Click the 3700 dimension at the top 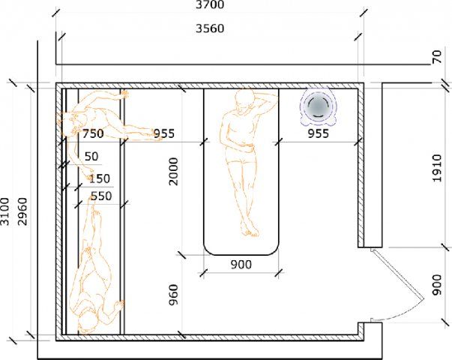tap(210, 4)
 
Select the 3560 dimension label tap(210, 28)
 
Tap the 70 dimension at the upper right tap(437, 57)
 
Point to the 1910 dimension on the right tap(437, 168)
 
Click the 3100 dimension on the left tap(5, 211)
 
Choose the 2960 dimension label tap(22, 211)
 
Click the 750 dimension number tap(93, 133)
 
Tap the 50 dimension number tap(91, 156)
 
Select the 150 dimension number tap(100, 178)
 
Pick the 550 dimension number tap(101, 196)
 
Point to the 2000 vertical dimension tap(174, 171)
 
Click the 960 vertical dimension tap(174, 295)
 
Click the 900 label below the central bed tap(241, 264)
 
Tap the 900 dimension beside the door tap(437, 285)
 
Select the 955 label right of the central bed tap(319, 133)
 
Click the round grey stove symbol tap(318, 106)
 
